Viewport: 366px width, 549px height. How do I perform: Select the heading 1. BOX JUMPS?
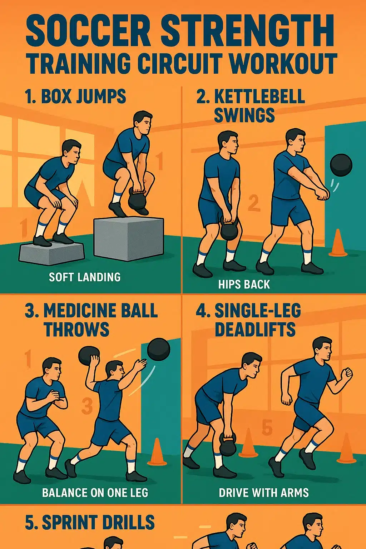75,97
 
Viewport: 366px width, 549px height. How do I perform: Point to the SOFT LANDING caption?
85,277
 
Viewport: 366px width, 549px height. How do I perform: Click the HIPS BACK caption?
244,285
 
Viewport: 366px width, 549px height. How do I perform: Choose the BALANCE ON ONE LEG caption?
95,493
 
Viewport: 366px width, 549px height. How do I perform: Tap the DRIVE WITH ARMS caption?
263,493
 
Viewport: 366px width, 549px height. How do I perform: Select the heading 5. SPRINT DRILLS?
90,523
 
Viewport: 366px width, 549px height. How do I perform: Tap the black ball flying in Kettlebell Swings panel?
341,165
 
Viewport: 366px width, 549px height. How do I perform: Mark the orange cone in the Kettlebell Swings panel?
338,243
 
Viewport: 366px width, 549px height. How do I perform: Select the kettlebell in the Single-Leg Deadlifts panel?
228,445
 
